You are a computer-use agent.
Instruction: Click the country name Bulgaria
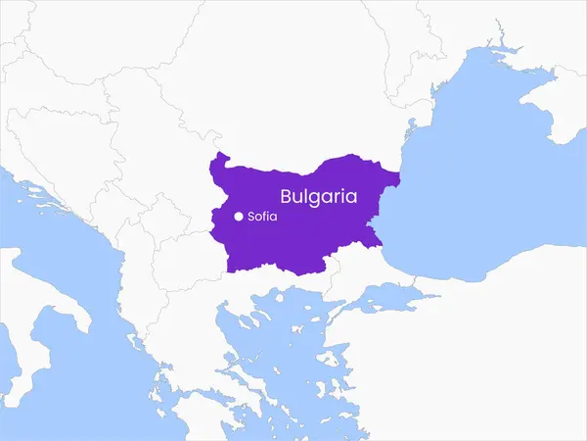pos(319,195)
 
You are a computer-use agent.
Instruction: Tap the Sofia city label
pos(263,217)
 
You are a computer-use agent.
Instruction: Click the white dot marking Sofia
pos(239,217)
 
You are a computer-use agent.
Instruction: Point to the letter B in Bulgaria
pos(287,195)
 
